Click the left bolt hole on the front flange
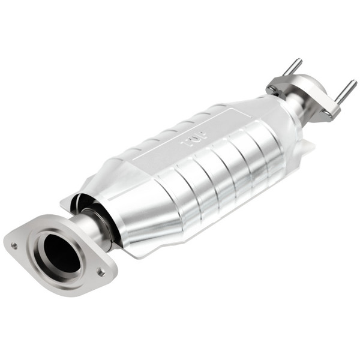[14, 245]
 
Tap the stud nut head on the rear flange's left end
[274, 89]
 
